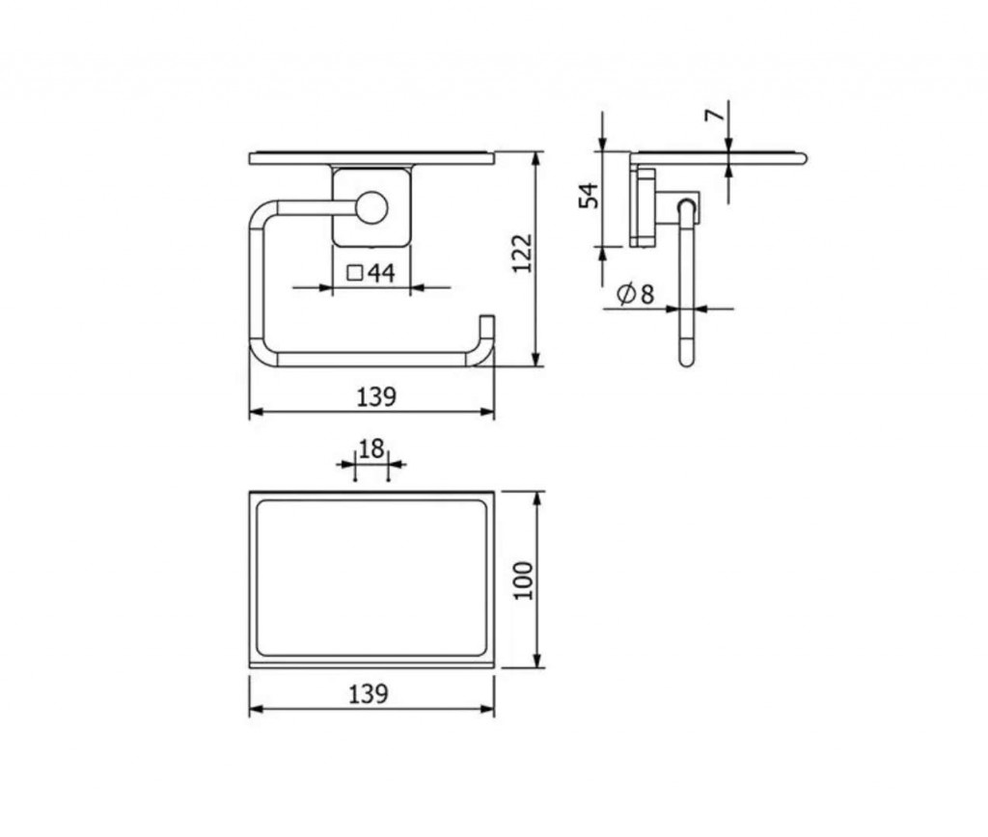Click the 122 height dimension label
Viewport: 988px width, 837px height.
522,254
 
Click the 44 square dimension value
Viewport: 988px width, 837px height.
382,273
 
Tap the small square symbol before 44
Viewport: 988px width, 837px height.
355,273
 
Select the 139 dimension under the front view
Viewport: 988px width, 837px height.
376,396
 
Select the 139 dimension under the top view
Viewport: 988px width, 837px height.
368,694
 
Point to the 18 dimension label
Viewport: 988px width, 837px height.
371,449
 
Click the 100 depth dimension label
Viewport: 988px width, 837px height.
523,580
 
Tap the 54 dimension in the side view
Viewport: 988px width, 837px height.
590,195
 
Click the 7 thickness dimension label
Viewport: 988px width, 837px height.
714,116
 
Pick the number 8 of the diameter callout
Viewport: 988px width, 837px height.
646,294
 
